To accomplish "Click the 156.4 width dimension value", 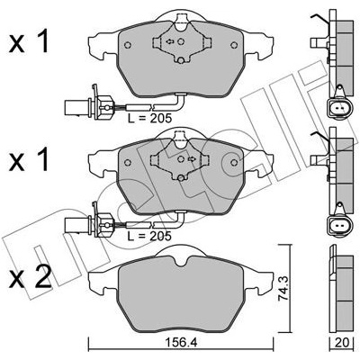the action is point(181,342).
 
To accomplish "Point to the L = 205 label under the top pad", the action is point(149,118).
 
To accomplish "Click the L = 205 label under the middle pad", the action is point(149,236).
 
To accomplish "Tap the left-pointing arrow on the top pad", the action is point(170,41).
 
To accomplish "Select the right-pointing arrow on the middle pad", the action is point(192,159).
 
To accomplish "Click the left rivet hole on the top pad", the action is point(128,45).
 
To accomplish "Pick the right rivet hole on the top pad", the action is point(234,45).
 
